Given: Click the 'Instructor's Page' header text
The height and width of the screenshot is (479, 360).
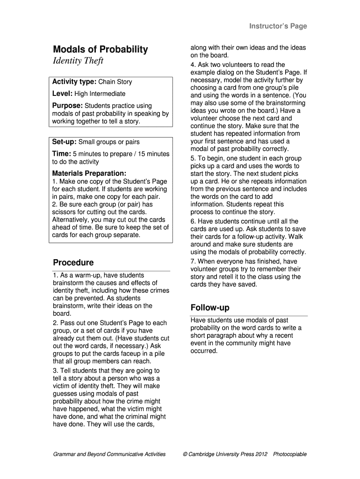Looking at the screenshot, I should [x=278, y=26].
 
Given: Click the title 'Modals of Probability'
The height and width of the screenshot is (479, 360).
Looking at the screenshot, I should [x=100, y=50].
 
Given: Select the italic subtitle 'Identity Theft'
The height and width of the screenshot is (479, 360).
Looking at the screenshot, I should [x=78, y=61].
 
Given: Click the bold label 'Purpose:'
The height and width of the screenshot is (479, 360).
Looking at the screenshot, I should [x=67, y=106].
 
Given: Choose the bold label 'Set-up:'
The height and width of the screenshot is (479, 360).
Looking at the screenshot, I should [x=65, y=142].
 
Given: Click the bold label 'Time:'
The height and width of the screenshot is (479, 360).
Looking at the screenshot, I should [x=61, y=154].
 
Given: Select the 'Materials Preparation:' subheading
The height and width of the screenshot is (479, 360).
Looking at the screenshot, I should [x=89, y=173].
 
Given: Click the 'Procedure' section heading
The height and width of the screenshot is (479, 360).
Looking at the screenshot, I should [x=73, y=262].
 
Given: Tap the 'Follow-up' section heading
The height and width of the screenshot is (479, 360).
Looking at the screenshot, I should [x=210, y=308].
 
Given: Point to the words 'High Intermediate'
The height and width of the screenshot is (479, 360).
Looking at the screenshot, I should [x=100, y=94].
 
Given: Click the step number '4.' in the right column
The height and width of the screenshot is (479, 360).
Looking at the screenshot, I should [x=193, y=65].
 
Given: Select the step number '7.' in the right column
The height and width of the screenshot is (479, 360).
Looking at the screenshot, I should [x=193, y=261].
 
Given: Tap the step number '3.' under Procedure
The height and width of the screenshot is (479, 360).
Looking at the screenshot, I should [x=56, y=370].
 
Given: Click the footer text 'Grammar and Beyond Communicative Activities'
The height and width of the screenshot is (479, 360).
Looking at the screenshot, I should [x=109, y=454].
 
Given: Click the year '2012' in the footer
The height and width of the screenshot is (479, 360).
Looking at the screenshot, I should [x=261, y=454].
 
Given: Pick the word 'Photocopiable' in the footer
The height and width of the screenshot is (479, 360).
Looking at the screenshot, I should [x=290, y=454].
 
